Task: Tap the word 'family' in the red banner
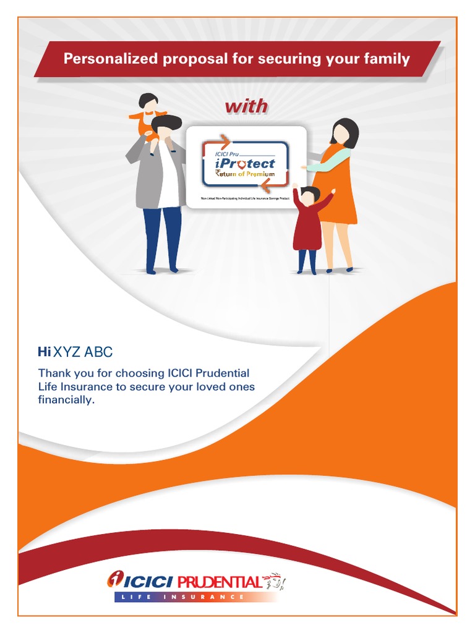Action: (388, 59)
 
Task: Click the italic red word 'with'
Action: (246, 106)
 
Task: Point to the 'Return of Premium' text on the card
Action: (245, 176)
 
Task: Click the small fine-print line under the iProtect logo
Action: (246, 199)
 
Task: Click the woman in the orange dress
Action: (338, 185)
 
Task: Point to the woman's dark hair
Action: (346, 130)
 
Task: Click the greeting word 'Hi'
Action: (44, 352)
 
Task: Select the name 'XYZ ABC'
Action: (83, 352)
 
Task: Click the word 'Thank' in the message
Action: (54, 373)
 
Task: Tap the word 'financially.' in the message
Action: (66, 400)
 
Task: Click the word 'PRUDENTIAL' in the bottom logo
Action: (219, 582)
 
